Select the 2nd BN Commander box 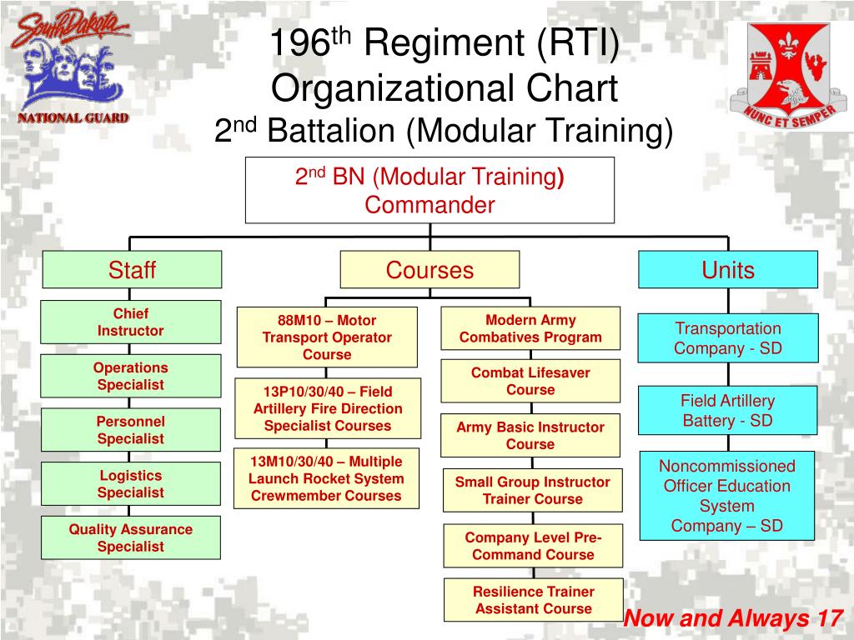[430, 190]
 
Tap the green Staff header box [132, 270]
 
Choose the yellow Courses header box [430, 270]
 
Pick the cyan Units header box [728, 270]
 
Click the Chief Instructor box [131, 322]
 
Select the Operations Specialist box [131, 376]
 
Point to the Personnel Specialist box [131, 430]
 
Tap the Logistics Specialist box [131, 484]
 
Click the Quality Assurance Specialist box [131, 537]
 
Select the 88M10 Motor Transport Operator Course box [327, 337]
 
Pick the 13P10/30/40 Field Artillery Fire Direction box [327, 408]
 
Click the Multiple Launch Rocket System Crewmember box [326, 478]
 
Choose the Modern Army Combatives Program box [530, 328]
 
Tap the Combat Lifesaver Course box [530, 381]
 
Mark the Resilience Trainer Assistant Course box [533, 600]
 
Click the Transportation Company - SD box [728, 338]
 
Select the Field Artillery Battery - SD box [728, 411]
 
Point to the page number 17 [829, 618]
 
